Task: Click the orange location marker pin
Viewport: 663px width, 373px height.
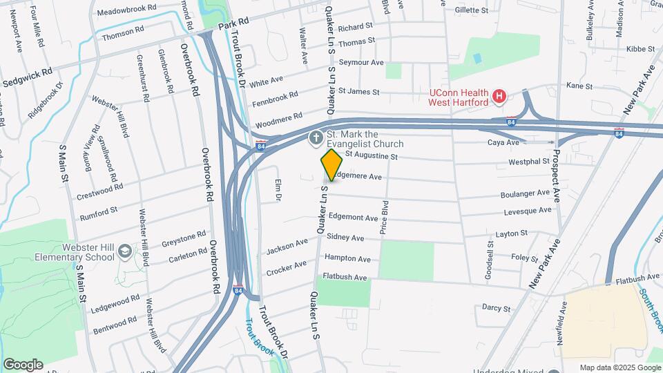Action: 331,164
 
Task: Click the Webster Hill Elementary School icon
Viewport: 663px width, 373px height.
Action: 124,251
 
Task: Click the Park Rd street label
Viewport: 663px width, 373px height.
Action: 233,25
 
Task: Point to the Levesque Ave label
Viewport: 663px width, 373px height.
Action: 528,210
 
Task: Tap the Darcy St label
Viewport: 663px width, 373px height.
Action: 496,308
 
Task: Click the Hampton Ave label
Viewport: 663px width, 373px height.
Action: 348,259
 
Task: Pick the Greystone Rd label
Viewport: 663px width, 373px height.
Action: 183,238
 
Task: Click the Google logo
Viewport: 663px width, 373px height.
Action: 23,364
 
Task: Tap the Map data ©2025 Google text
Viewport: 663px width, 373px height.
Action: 619,367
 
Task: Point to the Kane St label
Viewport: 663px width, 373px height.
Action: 579,86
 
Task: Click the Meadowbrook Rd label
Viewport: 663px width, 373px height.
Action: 126,12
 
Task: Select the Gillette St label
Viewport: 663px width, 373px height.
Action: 472,11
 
